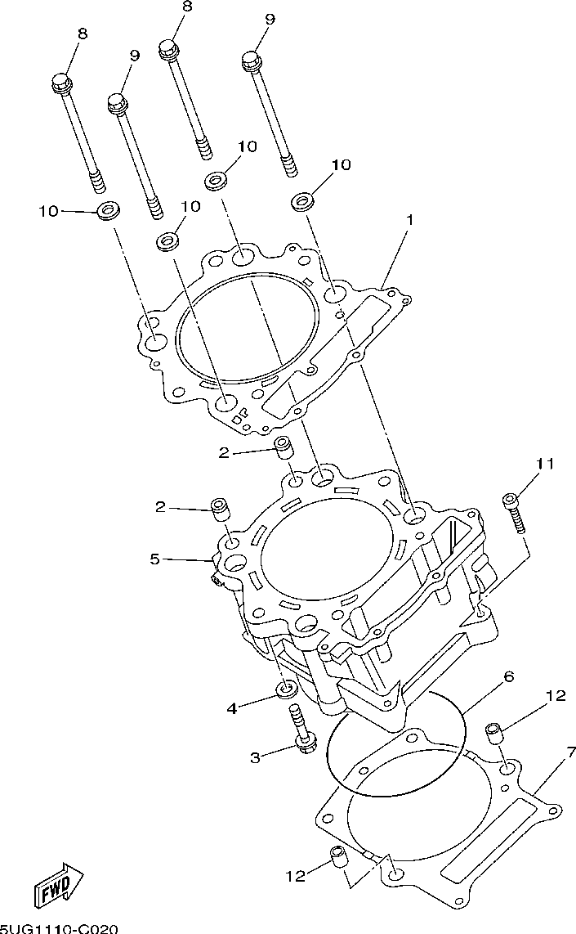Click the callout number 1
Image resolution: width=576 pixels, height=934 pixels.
click(x=409, y=220)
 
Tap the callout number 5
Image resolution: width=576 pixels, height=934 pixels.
click(x=154, y=559)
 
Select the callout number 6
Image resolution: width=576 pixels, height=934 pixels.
click(x=509, y=677)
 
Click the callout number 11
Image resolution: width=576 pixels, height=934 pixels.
click(x=546, y=463)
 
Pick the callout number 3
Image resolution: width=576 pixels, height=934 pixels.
click(x=255, y=757)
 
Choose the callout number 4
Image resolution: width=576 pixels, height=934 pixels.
click(x=232, y=709)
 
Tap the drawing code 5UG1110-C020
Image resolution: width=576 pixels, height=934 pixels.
click(x=60, y=928)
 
